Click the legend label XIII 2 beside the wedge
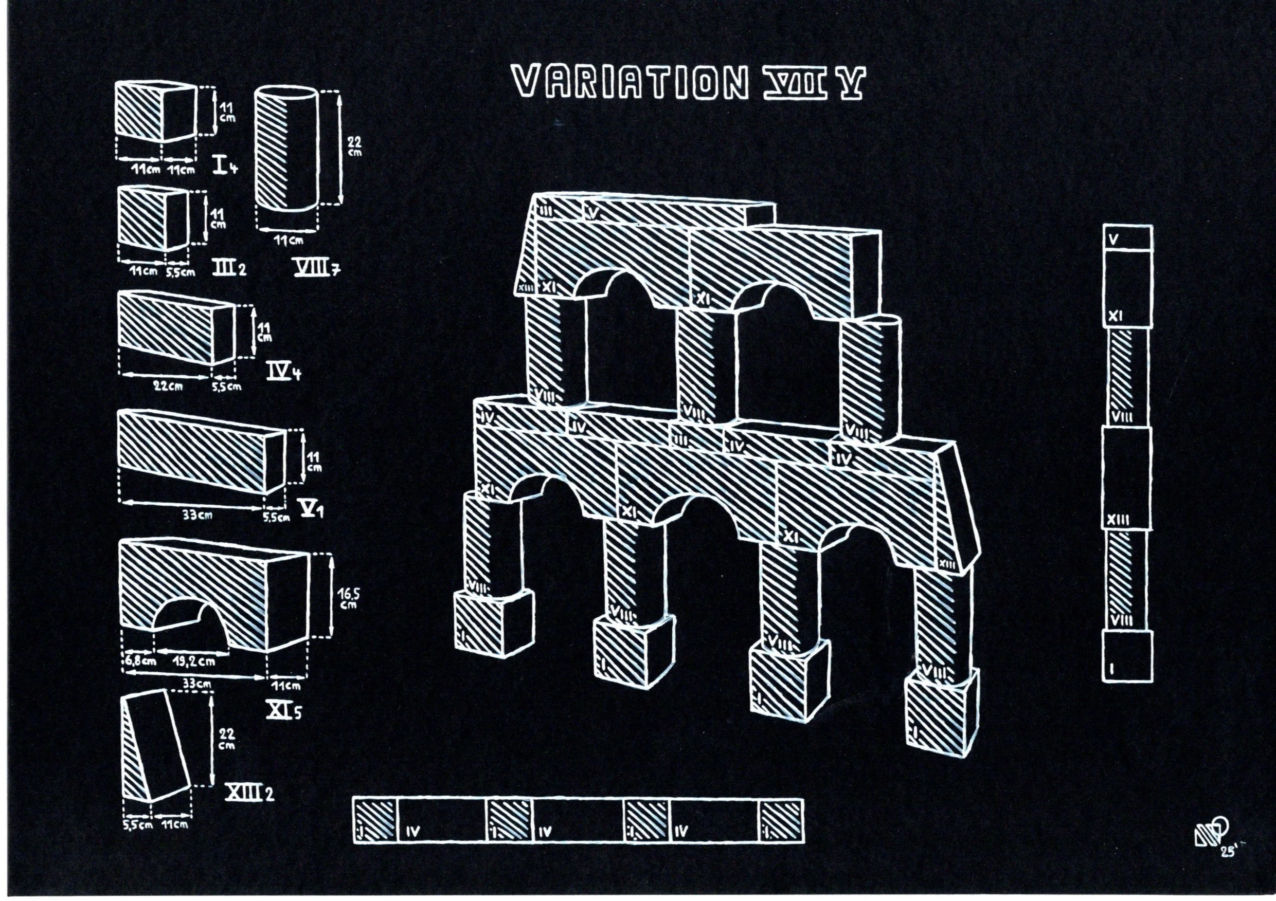(x=248, y=793)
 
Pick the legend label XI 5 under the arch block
(x=283, y=710)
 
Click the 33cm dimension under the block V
(x=197, y=516)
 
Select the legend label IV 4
(x=283, y=373)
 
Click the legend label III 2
(x=228, y=269)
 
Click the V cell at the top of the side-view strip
(x=1127, y=238)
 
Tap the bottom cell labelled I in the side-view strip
(x=1127, y=662)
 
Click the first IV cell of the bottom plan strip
(x=442, y=819)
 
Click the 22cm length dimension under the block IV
(x=168, y=387)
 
